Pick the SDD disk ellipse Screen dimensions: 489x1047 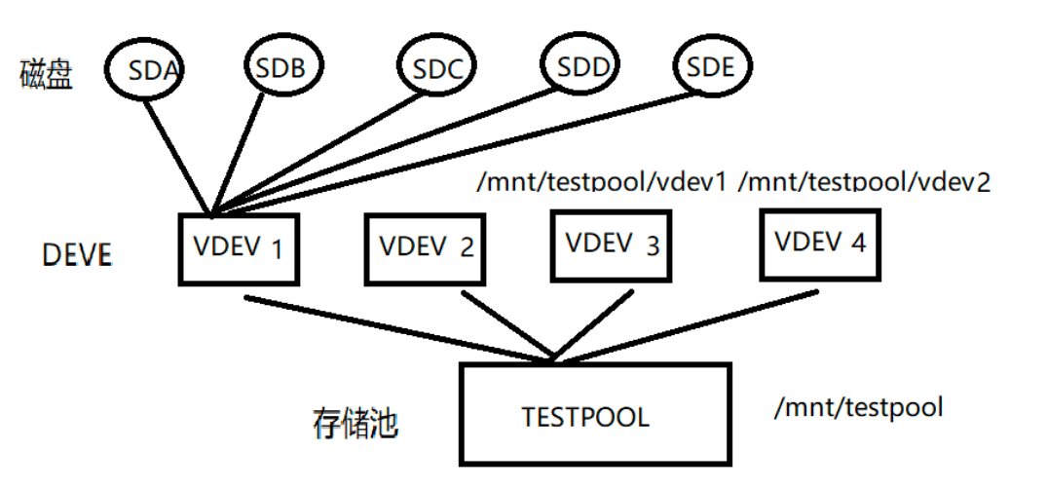[x=582, y=66]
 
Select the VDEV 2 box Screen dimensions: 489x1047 [x=425, y=247]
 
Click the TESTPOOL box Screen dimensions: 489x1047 [x=595, y=414]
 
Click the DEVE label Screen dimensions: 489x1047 [x=78, y=256]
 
